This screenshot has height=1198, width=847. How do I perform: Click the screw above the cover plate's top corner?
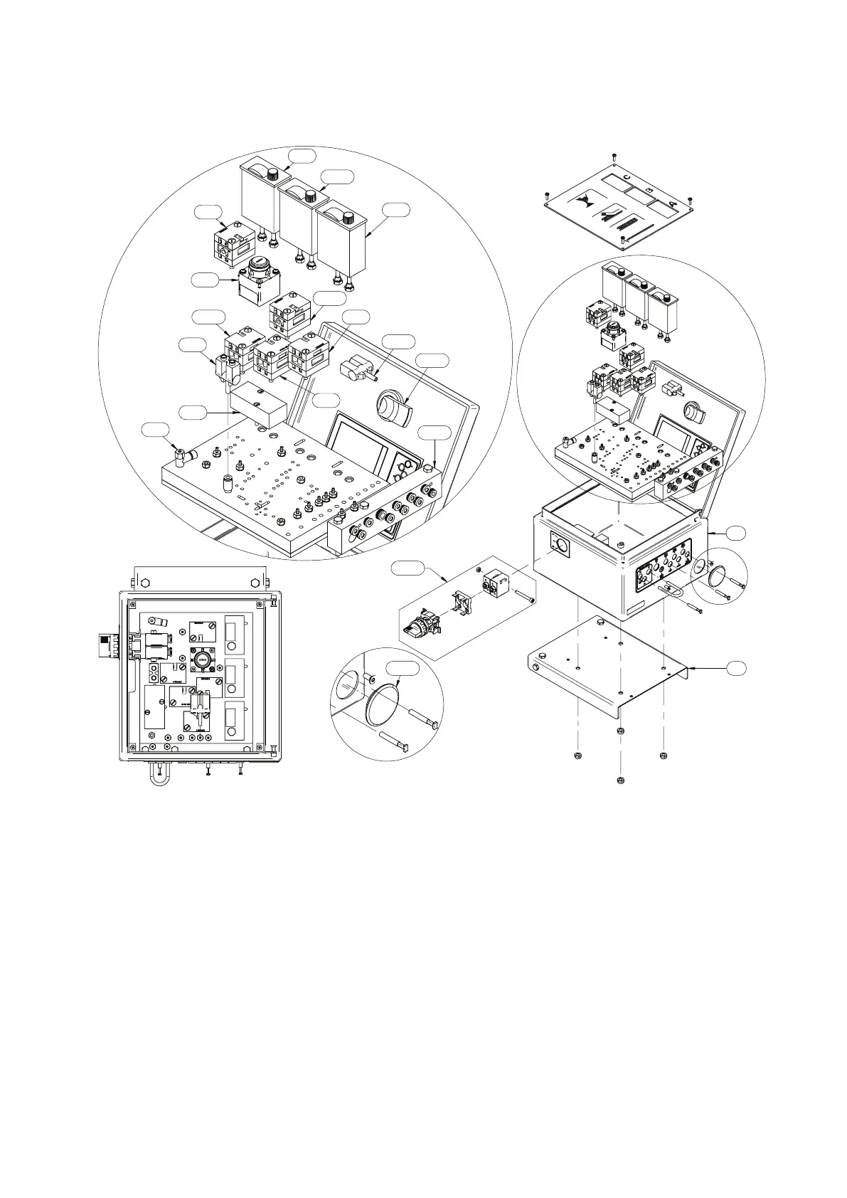tap(613, 155)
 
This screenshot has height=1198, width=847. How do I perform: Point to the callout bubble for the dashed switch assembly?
tap(406, 568)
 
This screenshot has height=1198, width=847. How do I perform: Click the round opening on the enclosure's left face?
tap(562, 547)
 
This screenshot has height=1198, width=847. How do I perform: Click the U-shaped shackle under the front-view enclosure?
tap(159, 777)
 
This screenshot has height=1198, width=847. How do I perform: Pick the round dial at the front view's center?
tap(201, 659)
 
